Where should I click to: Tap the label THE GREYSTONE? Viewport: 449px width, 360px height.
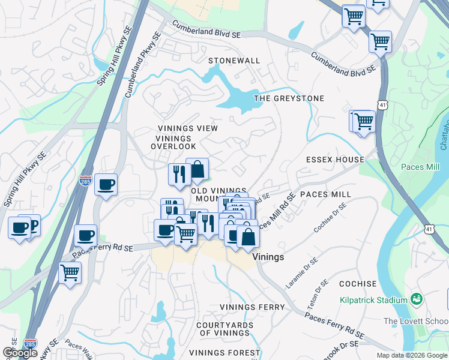(289, 98)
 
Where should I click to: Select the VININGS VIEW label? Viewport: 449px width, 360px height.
(187, 128)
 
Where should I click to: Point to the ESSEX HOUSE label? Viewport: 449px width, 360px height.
(335, 160)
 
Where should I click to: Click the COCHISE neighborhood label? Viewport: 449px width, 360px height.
(358, 284)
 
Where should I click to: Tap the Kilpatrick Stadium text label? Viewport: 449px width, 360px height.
(373, 298)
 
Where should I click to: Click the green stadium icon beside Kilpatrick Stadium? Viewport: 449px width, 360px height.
(415, 298)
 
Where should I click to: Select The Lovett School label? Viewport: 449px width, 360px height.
(415, 321)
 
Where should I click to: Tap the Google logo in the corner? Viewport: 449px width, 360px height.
(20, 353)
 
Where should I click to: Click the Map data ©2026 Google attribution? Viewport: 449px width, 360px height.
(412, 355)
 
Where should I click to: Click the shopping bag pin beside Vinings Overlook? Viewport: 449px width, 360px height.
(197, 170)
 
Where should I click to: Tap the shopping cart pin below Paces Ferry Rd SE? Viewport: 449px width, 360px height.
(70, 273)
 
